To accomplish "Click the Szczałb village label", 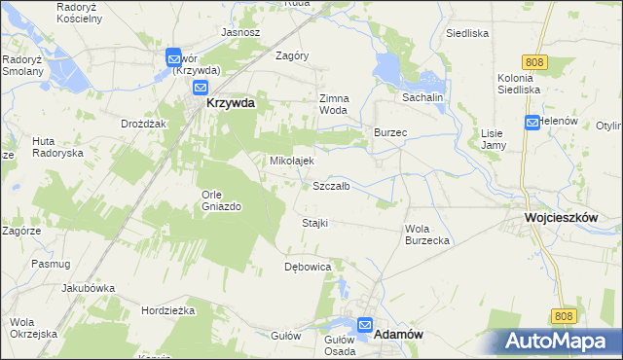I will coord(331,185).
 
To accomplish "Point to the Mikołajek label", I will coord(291,161).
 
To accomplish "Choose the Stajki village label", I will coord(314,223).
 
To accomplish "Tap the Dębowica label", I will coord(308,266).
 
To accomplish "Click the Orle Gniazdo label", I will coord(221,198).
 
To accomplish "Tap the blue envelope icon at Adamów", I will coord(365,327).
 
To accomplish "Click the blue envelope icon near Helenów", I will coord(532,123).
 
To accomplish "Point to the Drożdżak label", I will coord(145,125).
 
